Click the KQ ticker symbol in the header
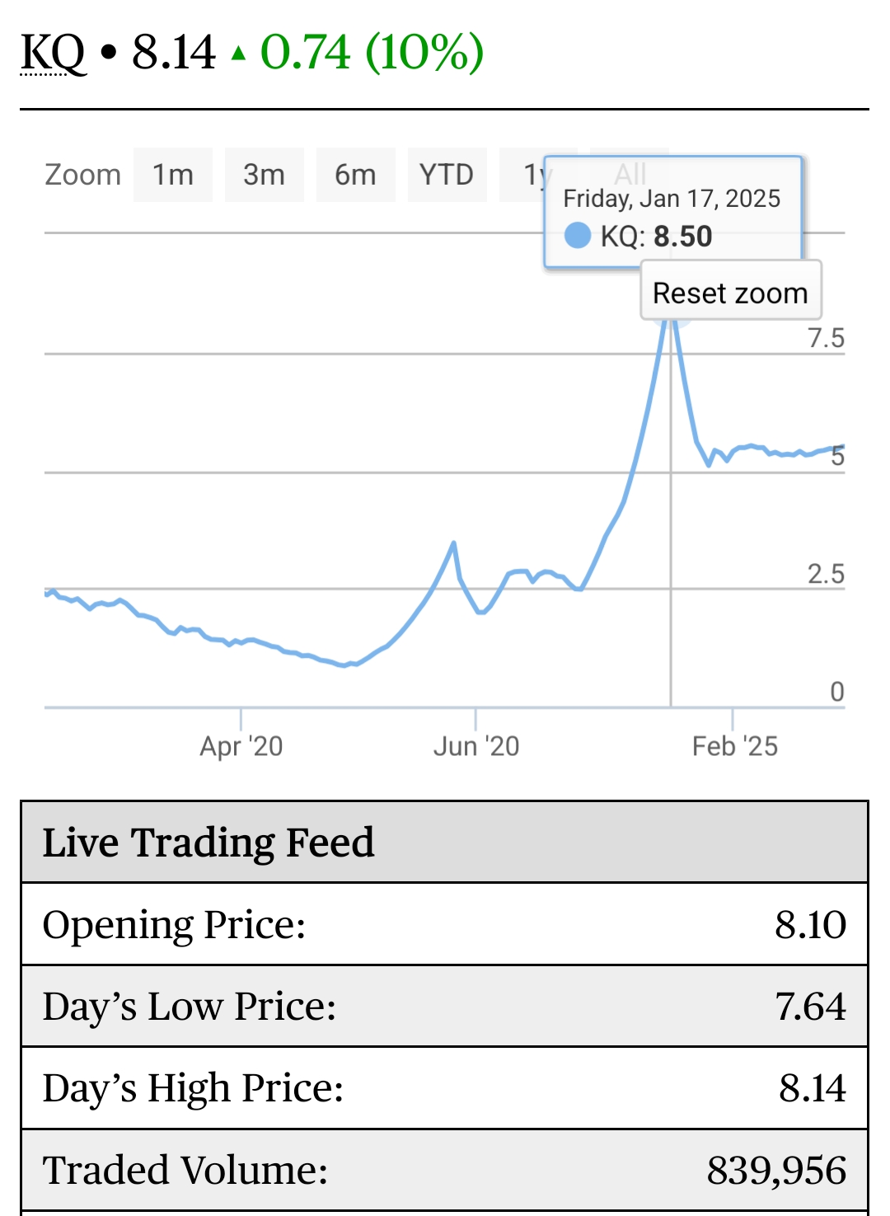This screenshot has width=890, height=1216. (x=53, y=53)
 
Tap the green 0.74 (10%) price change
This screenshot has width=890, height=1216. (x=371, y=53)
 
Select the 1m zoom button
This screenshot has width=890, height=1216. (x=173, y=175)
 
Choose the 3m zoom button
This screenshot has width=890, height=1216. (x=264, y=175)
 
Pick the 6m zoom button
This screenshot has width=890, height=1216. (x=355, y=175)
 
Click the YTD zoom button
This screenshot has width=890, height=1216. (x=446, y=175)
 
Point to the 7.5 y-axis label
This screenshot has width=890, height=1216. (x=826, y=338)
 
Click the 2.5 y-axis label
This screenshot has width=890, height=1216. (x=826, y=574)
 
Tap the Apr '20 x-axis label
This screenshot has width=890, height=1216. (x=241, y=746)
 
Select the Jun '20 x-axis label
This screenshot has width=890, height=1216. (x=476, y=746)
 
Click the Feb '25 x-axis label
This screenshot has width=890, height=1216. (x=734, y=746)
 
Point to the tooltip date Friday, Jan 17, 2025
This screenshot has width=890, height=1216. (x=672, y=199)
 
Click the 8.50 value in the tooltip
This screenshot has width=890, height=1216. (x=682, y=237)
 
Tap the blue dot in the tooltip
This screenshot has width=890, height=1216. (x=578, y=236)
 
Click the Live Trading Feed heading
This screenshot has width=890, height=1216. (x=208, y=843)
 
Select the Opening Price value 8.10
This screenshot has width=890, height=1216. (x=810, y=925)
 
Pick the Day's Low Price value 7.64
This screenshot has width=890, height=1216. (x=810, y=1007)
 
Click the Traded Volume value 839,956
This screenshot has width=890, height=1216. (x=776, y=1171)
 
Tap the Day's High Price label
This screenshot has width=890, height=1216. (x=193, y=1088)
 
